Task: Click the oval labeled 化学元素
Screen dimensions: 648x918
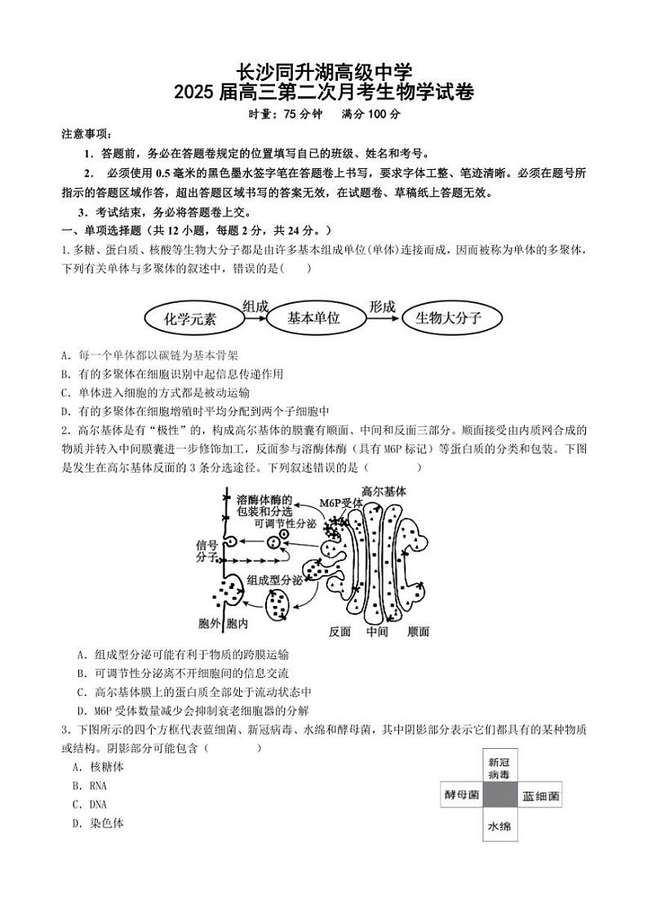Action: (190, 319)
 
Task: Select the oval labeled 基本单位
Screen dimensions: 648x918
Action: (313, 319)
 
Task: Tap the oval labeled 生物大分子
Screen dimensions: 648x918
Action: (448, 319)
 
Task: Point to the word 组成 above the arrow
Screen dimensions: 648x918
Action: (255, 305)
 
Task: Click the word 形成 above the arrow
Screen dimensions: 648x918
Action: (381, 305)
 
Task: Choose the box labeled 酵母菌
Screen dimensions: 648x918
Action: (461, 795)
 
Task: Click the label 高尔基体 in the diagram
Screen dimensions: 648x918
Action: (383, 492)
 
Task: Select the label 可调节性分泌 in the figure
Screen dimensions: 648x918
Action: (285, 524)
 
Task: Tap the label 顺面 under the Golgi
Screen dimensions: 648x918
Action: (418, 631)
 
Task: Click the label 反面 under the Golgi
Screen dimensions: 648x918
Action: (340, 631)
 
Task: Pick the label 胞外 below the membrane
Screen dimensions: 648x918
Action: (210, 624)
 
